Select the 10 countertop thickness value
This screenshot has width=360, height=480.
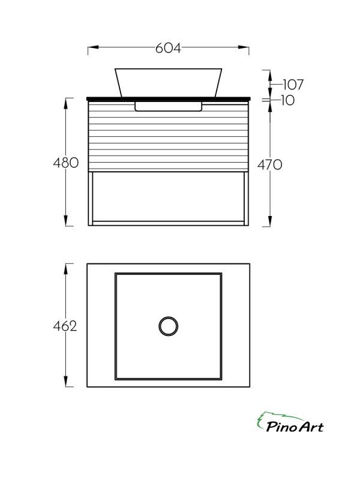(287, 101)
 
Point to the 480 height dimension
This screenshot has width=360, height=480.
(66, 163)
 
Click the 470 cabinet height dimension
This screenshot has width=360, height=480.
(269, 164)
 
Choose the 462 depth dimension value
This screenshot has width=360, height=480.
(65, 326)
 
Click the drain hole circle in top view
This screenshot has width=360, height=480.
(169, 326)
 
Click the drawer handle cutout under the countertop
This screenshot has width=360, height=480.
(169, 106)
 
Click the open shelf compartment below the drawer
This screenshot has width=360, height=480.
(169, 196)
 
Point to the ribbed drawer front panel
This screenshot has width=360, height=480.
(169, 138)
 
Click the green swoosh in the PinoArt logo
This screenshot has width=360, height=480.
(270, 416)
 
